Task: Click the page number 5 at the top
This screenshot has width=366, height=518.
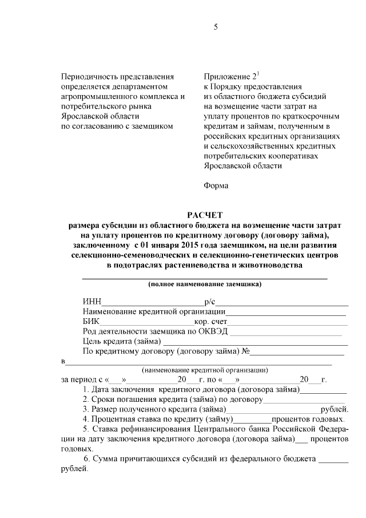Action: point(216,26)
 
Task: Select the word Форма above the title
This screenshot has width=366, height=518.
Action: point(216,185)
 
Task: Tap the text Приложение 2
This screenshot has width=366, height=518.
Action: point(229,76)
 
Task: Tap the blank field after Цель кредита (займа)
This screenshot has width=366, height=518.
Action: point(251,342)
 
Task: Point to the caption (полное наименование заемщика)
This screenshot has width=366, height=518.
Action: point(205,283)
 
